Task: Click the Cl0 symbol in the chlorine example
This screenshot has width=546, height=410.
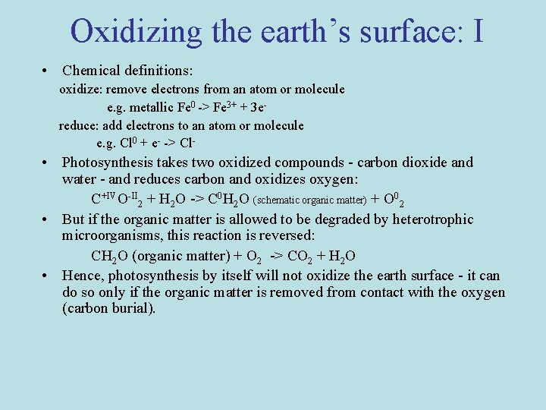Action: pyautogui.click(x=125, y=143)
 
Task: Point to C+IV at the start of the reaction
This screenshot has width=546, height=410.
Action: pyautogui.click(x=102, y=200)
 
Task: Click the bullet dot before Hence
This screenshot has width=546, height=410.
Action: pyautogui.click(x=47, y=275)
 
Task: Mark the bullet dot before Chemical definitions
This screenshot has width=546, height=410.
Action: pyautogui.click(x=47, y=71)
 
